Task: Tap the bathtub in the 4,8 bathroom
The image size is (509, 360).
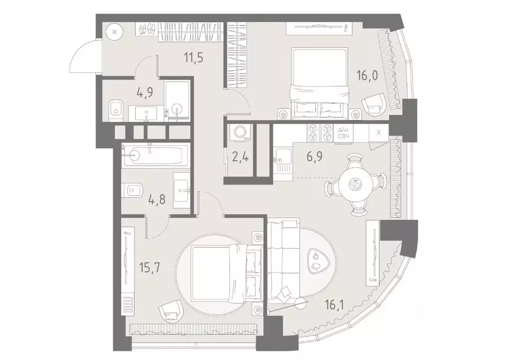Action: pyautogui.click(x=155, y=155)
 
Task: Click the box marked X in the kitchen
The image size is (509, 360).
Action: pyautogui.click(x=379, y=132)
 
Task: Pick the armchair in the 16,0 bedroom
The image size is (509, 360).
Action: pyautogui.click(x=373, y=105)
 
